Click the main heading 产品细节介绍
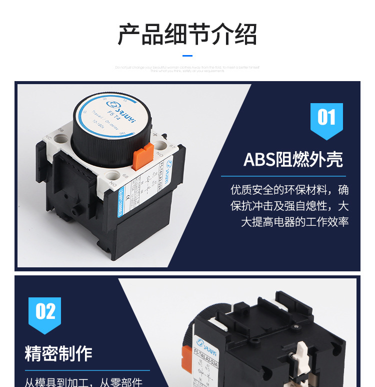pos(187,35)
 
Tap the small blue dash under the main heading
pos(187,56)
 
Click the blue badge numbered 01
pos(326,119)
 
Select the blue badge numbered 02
pos(45,313)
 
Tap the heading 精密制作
pos(58,354)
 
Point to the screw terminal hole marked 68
pos(113,175)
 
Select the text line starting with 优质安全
pos(289,190)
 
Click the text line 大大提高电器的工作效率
pos(294,222)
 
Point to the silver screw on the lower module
pos(297,326)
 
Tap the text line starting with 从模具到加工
pos(83,382)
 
